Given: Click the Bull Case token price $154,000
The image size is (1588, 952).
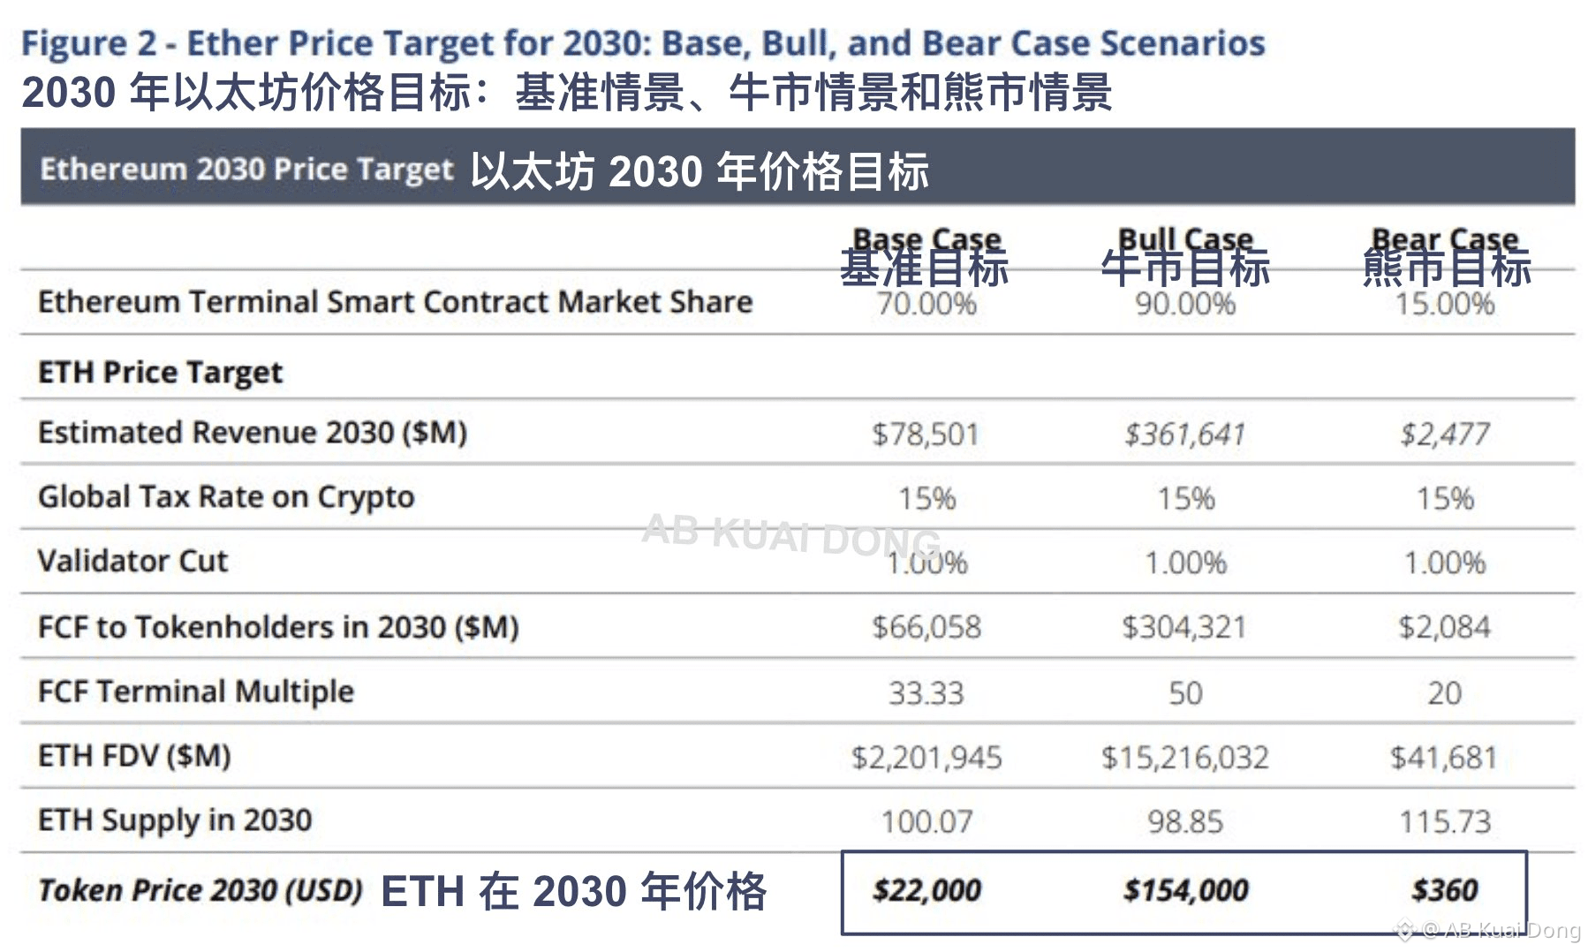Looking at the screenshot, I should click(1185, 890).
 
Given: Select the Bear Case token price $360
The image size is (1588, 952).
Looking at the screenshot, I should click(1444, 890).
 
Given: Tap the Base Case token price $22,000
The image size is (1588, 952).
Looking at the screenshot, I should click(926, 890).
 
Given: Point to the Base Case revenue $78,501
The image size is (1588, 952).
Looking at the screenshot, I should click(926, 434).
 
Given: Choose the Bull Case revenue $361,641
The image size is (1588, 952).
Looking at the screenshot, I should click(1184, 434).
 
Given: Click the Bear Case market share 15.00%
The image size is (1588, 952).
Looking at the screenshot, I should click(1445, 305).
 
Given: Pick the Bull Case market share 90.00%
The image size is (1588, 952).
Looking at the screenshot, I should click(1185, 305).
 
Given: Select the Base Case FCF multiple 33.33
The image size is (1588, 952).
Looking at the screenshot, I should click(926, 693).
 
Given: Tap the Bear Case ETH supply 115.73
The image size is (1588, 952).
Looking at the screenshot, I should click(1445, 822).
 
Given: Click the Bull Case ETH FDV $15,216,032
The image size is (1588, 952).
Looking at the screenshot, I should click(1184, 758).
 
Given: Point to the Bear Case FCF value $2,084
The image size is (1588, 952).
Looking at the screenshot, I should click(1444, 627).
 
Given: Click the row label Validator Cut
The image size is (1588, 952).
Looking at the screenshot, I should click(132, 562).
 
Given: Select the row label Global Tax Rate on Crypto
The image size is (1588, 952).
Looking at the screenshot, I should click(226, 497).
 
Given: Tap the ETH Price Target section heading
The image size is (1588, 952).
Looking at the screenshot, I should click(160, 373).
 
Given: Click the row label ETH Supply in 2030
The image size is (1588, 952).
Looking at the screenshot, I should click(175, 820).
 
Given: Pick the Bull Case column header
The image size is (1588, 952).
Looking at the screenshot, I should click(1185, 238).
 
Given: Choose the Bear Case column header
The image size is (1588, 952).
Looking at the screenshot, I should click(1445, 238).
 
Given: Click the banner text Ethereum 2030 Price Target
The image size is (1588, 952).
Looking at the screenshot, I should click(246, 169).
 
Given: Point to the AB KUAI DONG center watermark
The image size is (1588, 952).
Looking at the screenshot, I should click(791, 533).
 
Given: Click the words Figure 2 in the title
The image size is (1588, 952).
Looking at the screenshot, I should click(88, 43).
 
